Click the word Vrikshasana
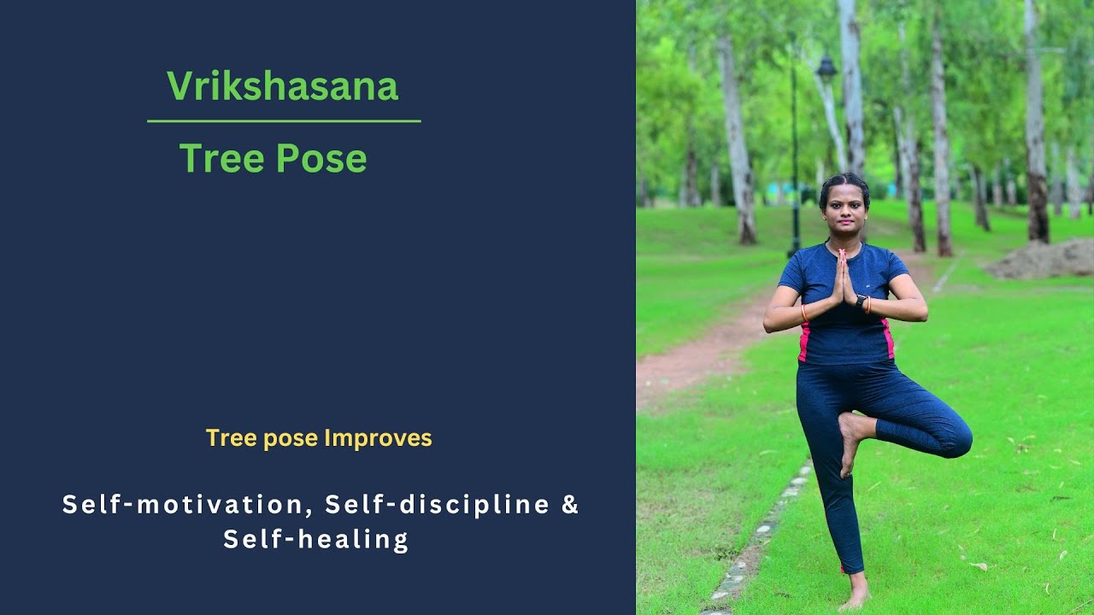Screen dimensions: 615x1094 pos(282,86)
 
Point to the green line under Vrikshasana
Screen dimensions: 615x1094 pos(284,121)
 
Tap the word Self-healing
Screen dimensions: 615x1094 pos(316,540)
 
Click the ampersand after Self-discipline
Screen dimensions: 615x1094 pos(570,505)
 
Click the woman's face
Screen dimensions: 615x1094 pos(844,206)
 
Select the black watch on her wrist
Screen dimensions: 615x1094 pos(862,301)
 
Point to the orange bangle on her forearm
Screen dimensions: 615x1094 pos(803,313)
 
